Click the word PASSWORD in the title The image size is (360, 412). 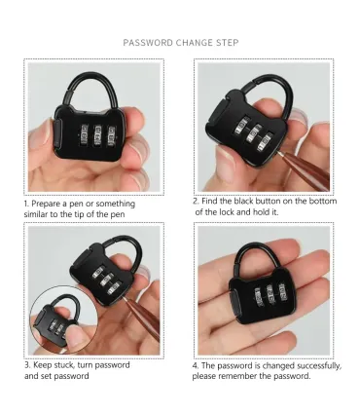(x=148, y=43)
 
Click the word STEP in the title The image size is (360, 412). (x=227, y=43)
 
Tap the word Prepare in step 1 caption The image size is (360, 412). (x=46, y=205)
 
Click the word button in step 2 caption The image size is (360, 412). (x=268, y=201)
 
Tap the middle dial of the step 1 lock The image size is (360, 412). (x=96, y=135)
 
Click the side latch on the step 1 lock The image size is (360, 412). (x=56, y=134)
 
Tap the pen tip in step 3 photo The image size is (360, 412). (x=126, y=297)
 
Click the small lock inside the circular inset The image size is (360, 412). (x=57, y=321)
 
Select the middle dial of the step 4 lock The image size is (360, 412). (x=270, y=295)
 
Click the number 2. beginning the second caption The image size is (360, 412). (x=196, y=201)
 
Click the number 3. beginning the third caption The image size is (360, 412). (x=27, y=365)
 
